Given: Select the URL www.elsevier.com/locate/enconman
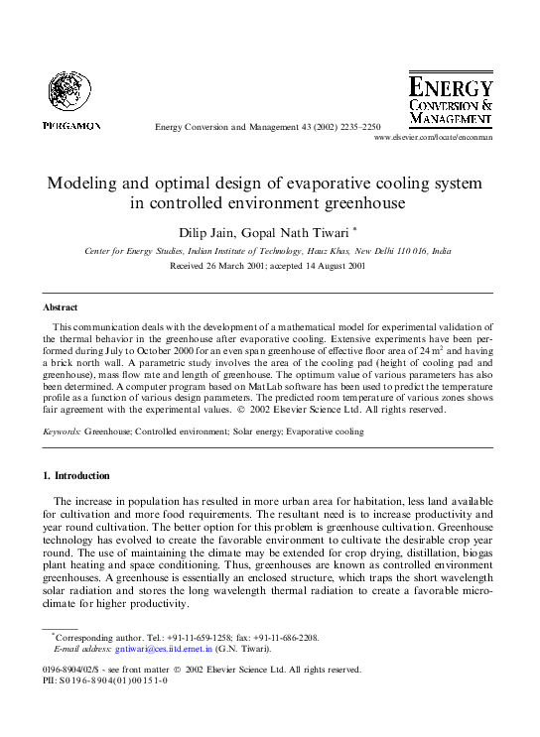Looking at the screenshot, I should point(433,138).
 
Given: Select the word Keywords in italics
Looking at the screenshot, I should point(61,431).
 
